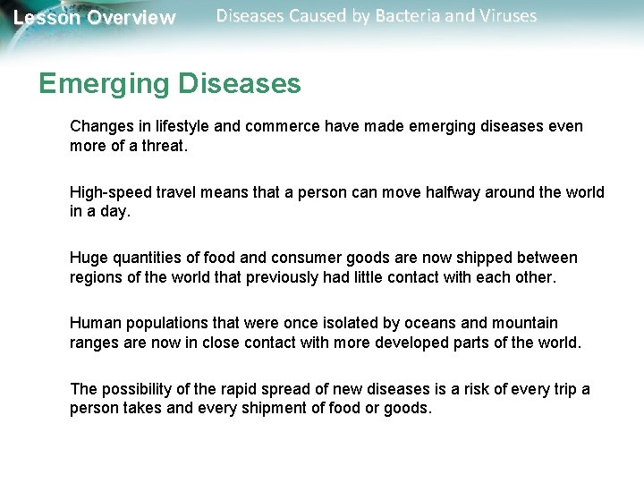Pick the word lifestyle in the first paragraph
pos(179,126)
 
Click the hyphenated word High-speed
pos(110,192)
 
